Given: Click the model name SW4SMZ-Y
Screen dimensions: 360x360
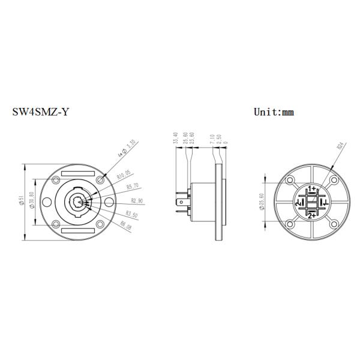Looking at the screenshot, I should [40, 112].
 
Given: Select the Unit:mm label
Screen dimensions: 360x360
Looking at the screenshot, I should [274, 112].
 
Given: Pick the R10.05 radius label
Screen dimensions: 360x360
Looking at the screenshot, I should [124, 176].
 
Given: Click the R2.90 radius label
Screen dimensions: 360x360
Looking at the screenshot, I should [137, 200].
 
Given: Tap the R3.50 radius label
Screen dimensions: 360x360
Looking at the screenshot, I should [132, 214].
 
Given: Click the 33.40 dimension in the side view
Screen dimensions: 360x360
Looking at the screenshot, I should [175, 139].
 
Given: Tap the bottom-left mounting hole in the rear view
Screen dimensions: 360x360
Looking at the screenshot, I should [290, 224].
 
